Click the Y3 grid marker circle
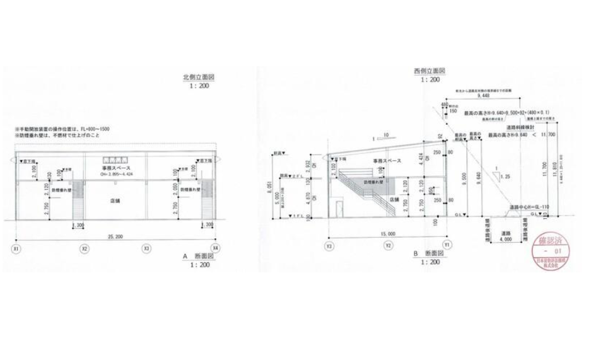click(x=329, y=245)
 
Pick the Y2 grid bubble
click(x=389, y=245)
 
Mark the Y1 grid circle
click(x=447, y=245)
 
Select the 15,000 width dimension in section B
click(x=388, y=234)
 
